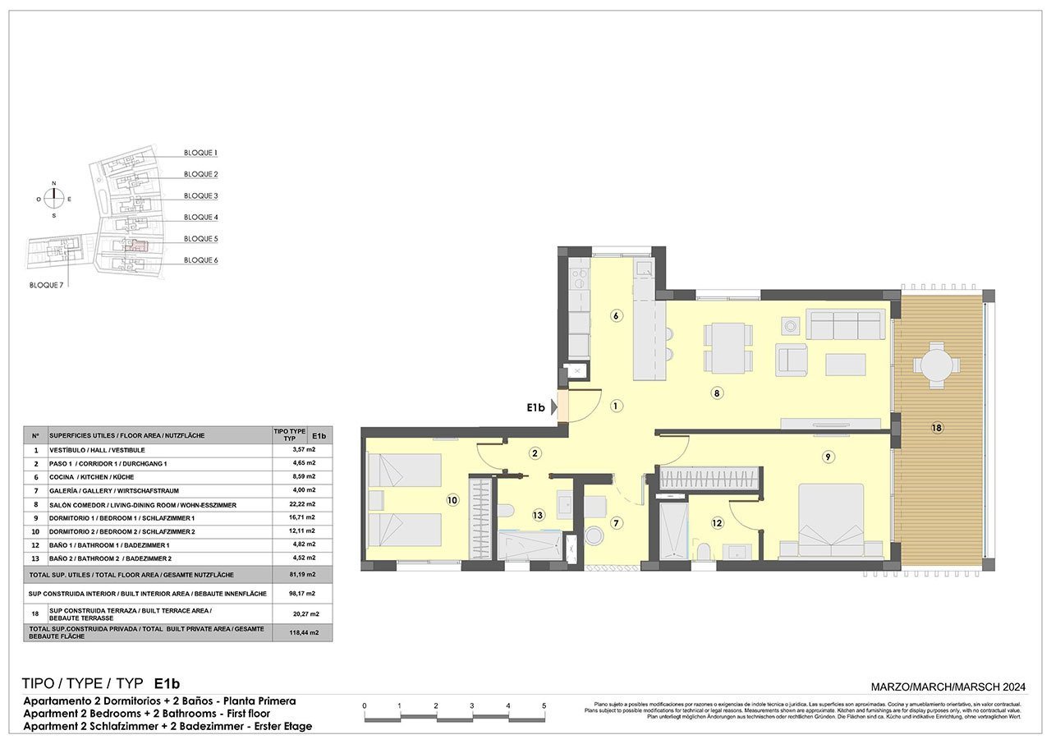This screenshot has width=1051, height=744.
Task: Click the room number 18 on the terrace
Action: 938,427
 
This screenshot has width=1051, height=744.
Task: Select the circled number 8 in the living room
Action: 717,393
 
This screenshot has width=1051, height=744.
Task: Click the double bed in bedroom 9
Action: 830,521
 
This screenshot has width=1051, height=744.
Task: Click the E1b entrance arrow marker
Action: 556,406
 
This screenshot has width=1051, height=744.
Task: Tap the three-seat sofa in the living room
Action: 846,325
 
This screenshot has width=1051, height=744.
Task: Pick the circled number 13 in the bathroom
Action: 538,516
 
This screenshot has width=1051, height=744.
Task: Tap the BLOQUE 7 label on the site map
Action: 46,284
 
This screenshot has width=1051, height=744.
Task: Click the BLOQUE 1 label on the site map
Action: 200,153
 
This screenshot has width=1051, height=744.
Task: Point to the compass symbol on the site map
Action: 54,199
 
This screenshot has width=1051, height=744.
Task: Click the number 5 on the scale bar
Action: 544,705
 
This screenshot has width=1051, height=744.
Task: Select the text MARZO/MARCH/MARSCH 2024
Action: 948,687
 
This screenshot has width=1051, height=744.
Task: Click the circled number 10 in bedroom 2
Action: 452,499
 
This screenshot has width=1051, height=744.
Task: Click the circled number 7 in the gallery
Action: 616,523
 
